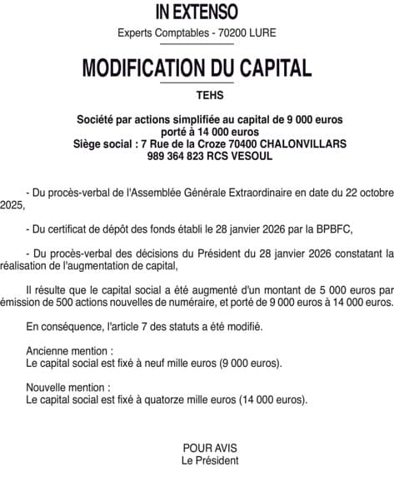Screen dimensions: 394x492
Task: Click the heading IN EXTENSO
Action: coord(197,12)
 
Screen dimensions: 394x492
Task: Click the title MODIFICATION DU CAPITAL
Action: coord(197,68)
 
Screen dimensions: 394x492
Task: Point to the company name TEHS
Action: coord(197,95)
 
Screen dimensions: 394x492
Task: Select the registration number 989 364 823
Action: coord(177,155)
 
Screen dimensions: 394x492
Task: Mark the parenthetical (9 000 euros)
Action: coord(251,364)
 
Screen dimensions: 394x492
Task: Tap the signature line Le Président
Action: coord(210,460)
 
